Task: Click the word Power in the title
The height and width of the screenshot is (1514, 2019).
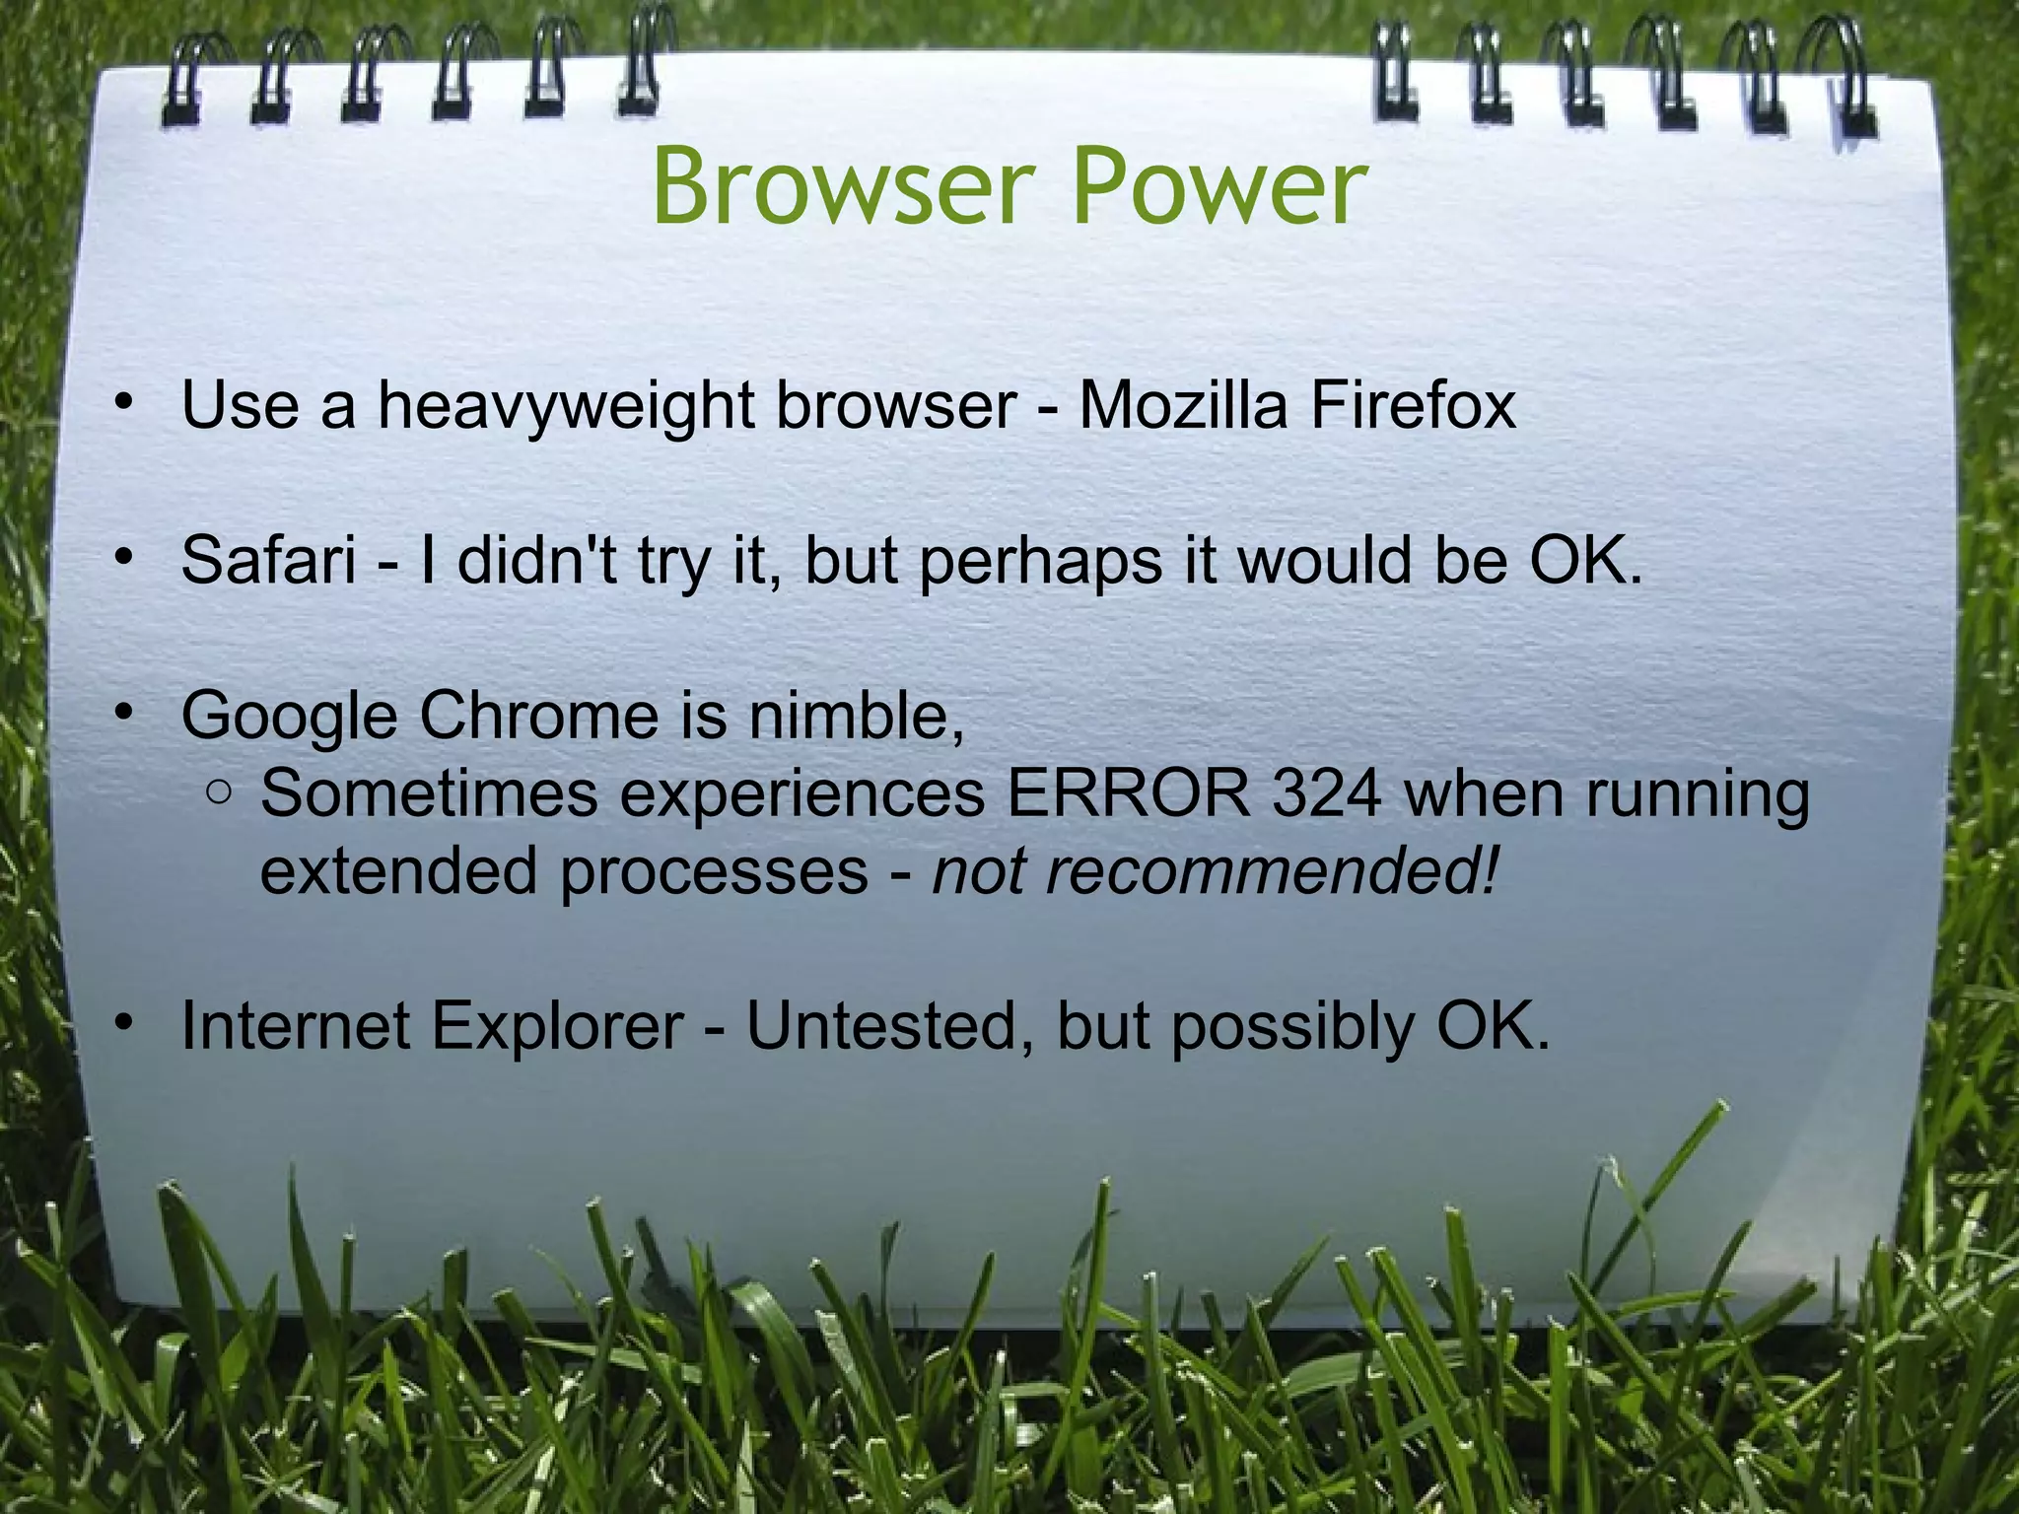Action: click(x=1219, y=187)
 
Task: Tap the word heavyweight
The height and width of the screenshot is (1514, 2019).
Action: click(x=567, y=406)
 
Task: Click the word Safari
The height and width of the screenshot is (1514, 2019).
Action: click(x=268, y=560)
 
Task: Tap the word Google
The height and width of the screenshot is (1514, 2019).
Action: click(x=289, y=717)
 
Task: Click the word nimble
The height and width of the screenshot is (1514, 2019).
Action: click(x=856, y=716)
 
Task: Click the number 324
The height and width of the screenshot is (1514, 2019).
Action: click(x=1327, y=793)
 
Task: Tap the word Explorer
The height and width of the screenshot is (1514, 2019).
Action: click(x=557, y=1027)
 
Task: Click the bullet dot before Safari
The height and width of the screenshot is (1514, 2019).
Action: click(x=122, y=559)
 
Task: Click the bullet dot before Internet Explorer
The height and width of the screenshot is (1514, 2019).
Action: click(x=122, y=1025)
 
